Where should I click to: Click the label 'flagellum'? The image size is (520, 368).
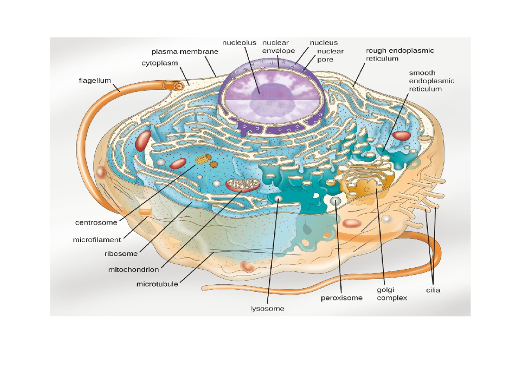95,81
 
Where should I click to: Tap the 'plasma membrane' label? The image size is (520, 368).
185,52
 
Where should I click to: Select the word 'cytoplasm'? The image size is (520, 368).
160,63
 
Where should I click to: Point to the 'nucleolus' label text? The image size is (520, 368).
239,42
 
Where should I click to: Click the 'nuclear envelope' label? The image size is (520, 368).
278,47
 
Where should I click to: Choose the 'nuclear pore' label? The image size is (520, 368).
330,55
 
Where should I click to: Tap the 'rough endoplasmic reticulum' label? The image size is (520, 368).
400,55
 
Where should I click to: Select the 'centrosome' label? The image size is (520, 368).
96,223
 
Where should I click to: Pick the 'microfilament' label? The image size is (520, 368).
97,239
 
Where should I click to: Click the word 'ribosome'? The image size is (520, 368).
121,254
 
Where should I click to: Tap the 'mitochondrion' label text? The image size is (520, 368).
133,269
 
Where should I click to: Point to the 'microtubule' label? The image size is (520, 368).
157,284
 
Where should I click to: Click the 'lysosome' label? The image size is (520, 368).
267,309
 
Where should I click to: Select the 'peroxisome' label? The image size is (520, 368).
341,298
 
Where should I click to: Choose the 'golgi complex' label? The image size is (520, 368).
392,294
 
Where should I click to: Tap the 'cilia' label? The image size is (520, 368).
432,290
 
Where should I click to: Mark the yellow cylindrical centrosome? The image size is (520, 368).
202,159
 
